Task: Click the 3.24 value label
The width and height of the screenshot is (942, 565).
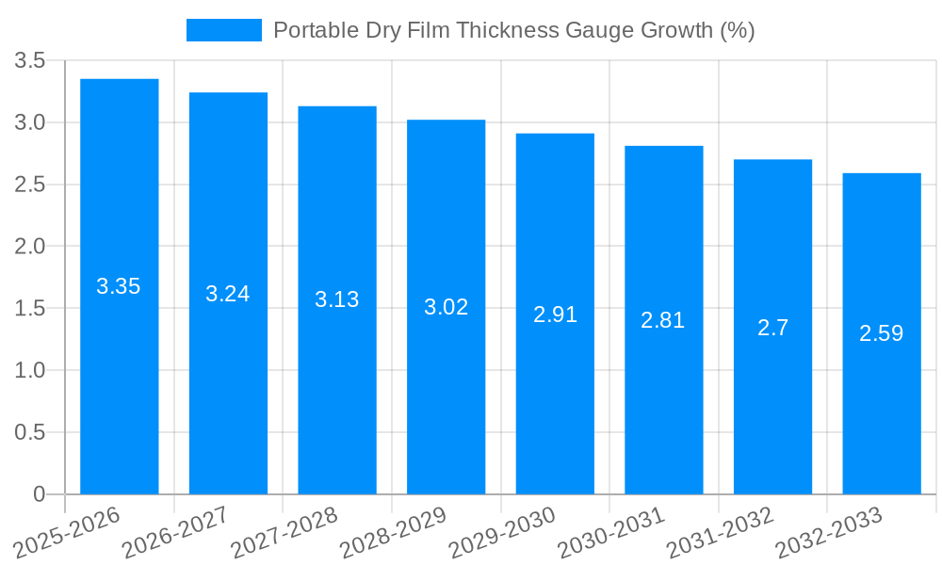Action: (x=228, y=294)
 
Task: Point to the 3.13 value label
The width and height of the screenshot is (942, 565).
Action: (x=337, y=299)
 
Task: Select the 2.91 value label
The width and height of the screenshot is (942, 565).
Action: (x=555, y=315)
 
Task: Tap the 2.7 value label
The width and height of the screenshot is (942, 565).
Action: (x=772, y=328)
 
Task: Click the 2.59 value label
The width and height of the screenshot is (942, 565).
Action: (x=881, y=333)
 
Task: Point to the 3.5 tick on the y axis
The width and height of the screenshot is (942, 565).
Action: (x=30, y=61)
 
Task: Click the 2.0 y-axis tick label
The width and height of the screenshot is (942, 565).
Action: (x=30, y=247)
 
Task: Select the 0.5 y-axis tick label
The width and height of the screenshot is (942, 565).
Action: (x=30, y=432)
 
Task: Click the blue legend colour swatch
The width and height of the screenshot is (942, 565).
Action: (x=223, y=30)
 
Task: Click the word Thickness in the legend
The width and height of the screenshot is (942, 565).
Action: (x=505, y=30)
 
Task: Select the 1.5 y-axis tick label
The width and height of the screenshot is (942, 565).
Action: (x=30, y=309)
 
